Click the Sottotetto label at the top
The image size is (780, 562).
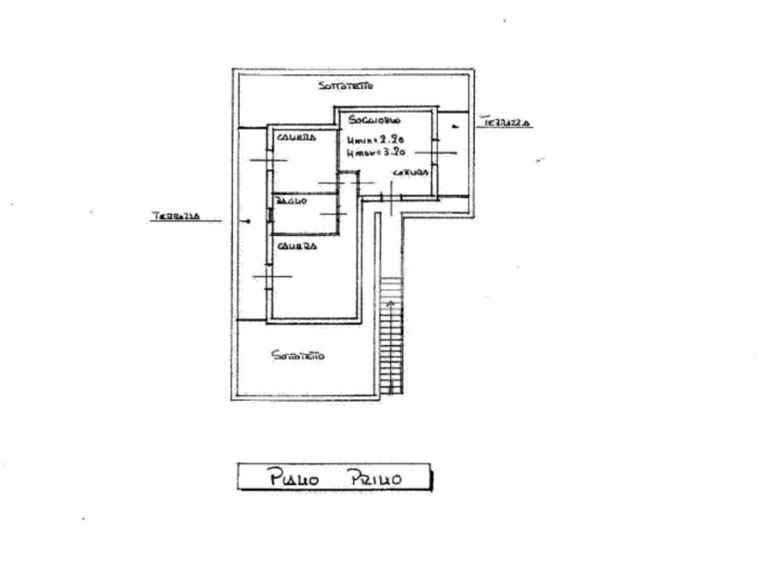pos(346,86)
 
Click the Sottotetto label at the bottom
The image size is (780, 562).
pos(298,355)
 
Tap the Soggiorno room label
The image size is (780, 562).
pos(375,120)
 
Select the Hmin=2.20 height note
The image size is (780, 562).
pos(374,140)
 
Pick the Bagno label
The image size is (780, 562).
pos(291,201)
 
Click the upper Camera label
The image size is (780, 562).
pos(296,138)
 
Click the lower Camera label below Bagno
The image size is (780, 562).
pos(297,246)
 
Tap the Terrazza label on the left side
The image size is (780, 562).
pos(175,216)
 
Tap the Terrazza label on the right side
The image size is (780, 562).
pos(506,122)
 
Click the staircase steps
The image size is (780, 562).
pos(391,335)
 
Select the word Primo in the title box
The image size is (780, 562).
pos(374,478)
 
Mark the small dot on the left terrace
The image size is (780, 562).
pos(248,222)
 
